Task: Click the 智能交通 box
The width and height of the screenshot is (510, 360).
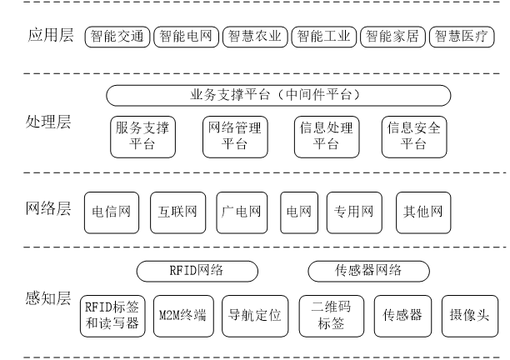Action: pos(117,37)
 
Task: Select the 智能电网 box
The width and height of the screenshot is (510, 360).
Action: pos(187,37)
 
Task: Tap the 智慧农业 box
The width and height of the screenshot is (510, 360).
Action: pos(256,37)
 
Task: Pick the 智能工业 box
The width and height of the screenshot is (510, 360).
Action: pos(324,37)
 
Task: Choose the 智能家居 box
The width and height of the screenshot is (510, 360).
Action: pos(393,37)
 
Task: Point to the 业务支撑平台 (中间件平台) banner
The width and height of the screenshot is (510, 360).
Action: pos(278,95)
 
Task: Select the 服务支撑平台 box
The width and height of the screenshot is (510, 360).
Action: pos(143,136)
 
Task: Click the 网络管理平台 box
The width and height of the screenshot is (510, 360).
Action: pos(234,136)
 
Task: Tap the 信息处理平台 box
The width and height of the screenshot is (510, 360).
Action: pos(326,136)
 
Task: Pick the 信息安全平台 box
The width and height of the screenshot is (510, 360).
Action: pos(414,136)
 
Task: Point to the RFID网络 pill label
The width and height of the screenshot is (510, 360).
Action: pos(197,270)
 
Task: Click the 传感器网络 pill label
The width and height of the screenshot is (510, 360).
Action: pos(368,270)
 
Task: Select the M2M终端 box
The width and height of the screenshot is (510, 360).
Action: pos(183,316)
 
